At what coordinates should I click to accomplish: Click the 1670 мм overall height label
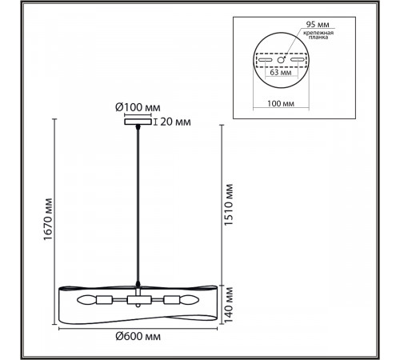pos(48,219)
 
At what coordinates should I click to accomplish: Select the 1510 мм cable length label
pos(229,205)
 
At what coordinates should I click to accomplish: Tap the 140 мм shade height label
pos(229,305)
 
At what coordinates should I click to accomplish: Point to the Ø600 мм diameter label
pos(138,336)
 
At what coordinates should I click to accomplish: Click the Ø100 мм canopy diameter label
pos(138,107)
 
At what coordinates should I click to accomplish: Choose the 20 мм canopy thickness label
pos(175,122)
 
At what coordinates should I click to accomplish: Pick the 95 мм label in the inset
pos(318,24)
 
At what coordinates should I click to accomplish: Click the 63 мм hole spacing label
pos(281,72)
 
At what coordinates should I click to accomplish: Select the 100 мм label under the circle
pos(281,103)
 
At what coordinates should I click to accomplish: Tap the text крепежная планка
pos(318,35)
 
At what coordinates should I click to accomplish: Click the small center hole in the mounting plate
pos(281,60)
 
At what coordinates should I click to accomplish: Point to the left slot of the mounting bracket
pos(265,60)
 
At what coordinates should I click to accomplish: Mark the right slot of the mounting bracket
pos(298,60)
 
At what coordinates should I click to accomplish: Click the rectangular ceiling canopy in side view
pos(138,122)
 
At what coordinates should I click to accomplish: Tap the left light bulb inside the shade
pos(86,300)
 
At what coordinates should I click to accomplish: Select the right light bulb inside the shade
pos(189,300)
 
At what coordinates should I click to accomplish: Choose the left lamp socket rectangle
pos(105,300)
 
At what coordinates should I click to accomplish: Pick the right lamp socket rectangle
pos(171,300)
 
